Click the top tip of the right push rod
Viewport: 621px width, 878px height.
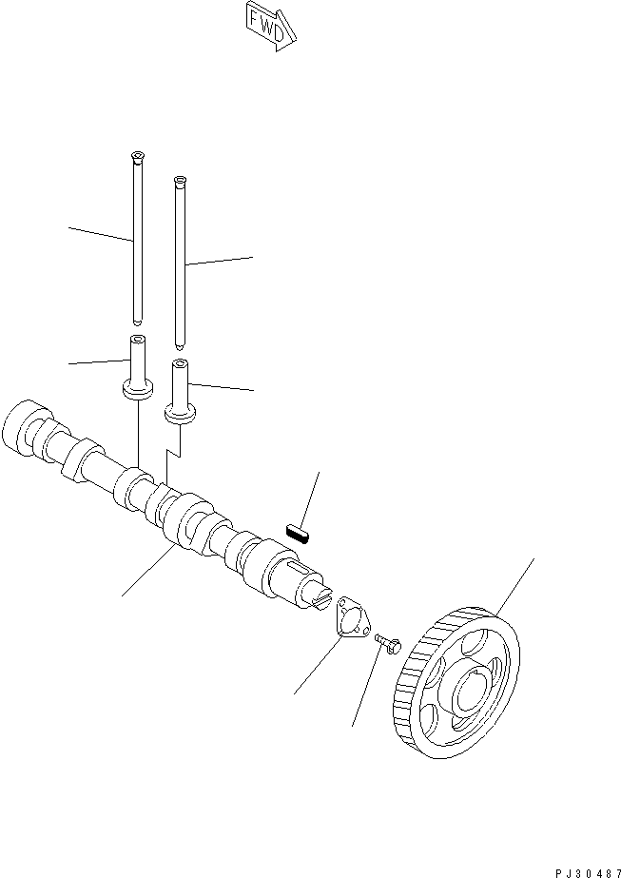coord(179,179)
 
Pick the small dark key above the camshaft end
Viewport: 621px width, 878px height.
coord(300,531)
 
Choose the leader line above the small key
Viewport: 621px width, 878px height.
coord(309,495)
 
